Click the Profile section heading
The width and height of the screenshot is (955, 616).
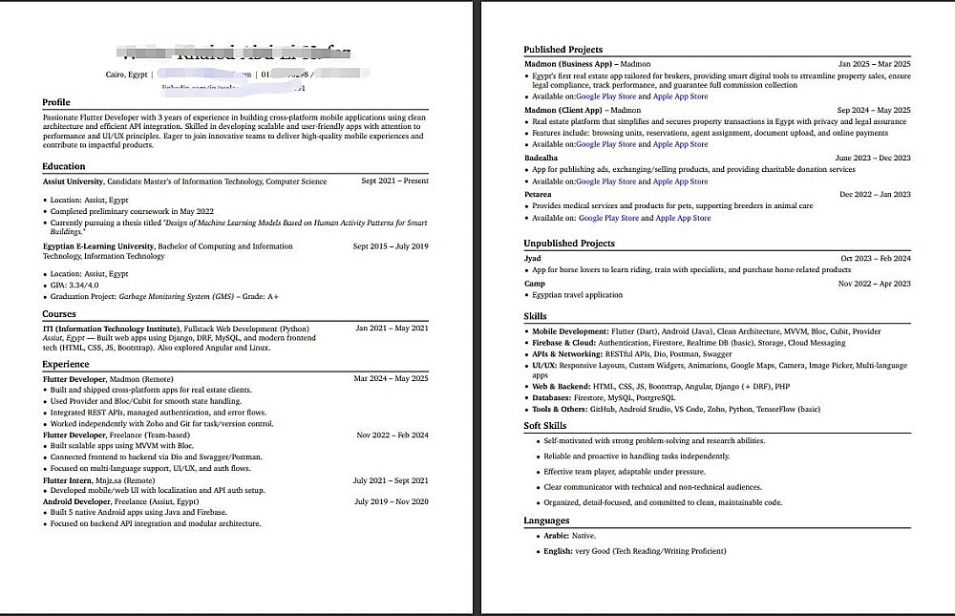click(56, 102)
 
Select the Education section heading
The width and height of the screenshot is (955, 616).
click(63, 166)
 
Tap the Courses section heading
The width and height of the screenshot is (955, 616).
click(59, 313)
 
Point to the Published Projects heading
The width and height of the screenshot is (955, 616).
click(562, 50)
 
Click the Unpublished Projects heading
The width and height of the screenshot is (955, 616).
click(568, 244)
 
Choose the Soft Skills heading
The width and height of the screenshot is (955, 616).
click(544, 426)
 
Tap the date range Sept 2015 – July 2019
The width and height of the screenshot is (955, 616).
click(391, 246)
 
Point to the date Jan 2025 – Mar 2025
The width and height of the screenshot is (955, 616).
click(874, 64)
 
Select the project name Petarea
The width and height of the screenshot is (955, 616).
click(538, 195)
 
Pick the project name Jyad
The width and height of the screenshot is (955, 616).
click(533, 258)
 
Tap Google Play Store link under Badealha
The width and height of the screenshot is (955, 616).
click(605, 181)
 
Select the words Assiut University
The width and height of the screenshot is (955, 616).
click(73, 181)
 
